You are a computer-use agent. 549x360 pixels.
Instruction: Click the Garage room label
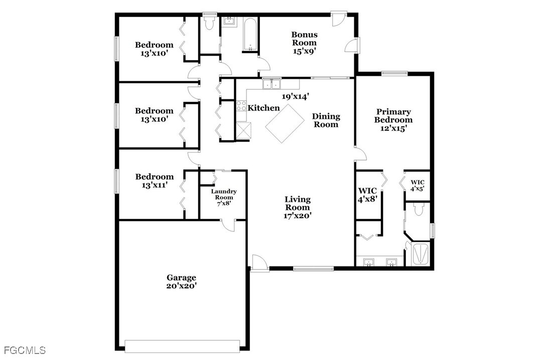(x=181, y=278)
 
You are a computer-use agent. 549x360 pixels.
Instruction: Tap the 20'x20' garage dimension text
(x=181, y=286)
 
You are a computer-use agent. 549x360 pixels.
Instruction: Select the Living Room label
(x=298, y=203)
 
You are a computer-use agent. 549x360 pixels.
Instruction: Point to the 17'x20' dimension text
(x=298, y=216)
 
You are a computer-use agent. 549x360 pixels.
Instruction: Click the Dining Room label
(x=326, y=120)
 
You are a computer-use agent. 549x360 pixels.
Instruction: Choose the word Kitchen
(x=263, y=108)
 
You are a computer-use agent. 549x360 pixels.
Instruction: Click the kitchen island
(x=285, y=124)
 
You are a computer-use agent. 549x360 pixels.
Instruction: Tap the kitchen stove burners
(x=241, y=105)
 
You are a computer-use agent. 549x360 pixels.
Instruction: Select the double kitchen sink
(x=271, y=84)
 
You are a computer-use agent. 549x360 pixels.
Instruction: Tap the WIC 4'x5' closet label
(x=418, y=185)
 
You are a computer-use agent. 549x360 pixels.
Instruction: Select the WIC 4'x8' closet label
(x=367, y=195)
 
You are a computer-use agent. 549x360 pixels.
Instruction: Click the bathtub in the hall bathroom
(x=250, y=34)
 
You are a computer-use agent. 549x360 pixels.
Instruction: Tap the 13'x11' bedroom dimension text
(x=155, y=185)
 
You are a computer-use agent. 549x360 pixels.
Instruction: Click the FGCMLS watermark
(x=25, y=350)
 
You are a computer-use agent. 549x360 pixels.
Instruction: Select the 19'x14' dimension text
(x=296, y=96)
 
